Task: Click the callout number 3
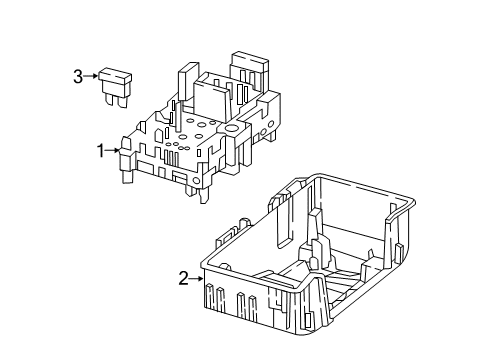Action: pos(78,77)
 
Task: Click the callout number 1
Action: pos(101,151)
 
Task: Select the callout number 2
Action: pos(184,279)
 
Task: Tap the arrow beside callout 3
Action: pos(90,76)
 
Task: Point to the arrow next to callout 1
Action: pos(112,150)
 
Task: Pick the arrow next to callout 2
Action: pos(197,278)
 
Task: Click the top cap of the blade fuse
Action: pos(115,76)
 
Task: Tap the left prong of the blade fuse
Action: pos(109,100)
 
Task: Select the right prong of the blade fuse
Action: pos(122,102)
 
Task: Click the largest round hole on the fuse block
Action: pos(231,128)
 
